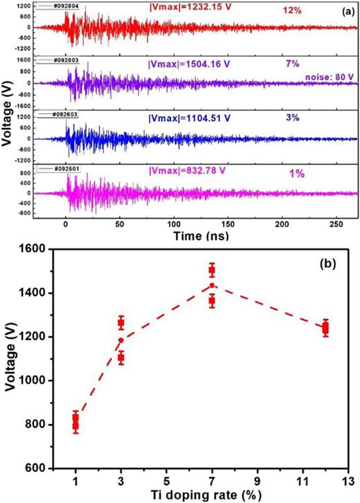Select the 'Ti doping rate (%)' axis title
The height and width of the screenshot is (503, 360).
point(190,494)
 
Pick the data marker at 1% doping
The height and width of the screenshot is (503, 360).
point(75,422)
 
